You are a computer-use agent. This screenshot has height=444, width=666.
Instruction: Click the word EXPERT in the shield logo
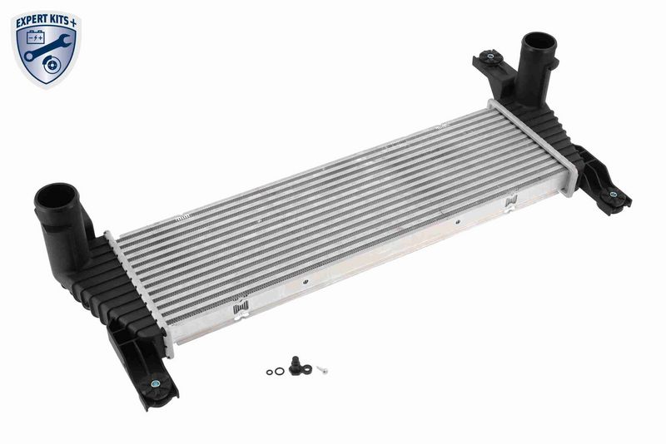coord(31,22)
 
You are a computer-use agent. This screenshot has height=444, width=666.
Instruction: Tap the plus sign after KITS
coord(73,23)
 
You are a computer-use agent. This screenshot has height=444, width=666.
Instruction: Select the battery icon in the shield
coord(35,38)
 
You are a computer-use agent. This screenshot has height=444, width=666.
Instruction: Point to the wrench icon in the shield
coord(47,47)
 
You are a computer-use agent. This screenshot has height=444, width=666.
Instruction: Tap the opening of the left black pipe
coord(55,199)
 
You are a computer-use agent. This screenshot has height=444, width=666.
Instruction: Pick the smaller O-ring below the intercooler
coord(270,372)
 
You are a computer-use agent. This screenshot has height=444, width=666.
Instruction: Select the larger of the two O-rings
coord(279,371)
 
